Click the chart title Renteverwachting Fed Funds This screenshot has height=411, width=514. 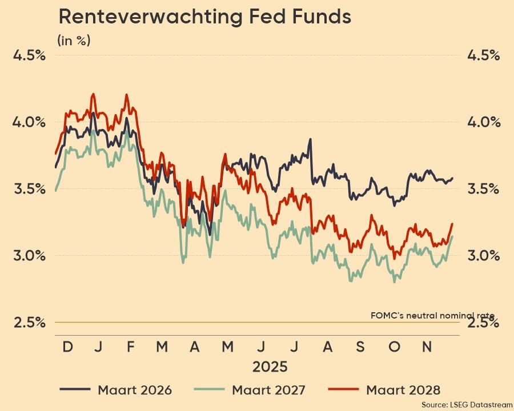coord(204,17)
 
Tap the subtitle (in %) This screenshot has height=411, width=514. coord(74,41)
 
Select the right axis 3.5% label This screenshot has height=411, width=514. coord(484,189)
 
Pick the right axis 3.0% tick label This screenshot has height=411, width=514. coord(484,255)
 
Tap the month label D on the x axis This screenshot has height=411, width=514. coord(67,347)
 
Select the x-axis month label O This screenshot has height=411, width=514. coord(394,347)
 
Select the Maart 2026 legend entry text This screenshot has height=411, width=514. coord(135,390)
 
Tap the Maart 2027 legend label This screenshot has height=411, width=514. coord(268,390)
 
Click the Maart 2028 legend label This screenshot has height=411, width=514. coord(403,390)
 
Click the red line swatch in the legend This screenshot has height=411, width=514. coord(343,390)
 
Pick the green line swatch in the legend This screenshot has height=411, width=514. coord(208,390)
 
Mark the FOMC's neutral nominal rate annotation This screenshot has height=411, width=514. coord(432,315)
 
